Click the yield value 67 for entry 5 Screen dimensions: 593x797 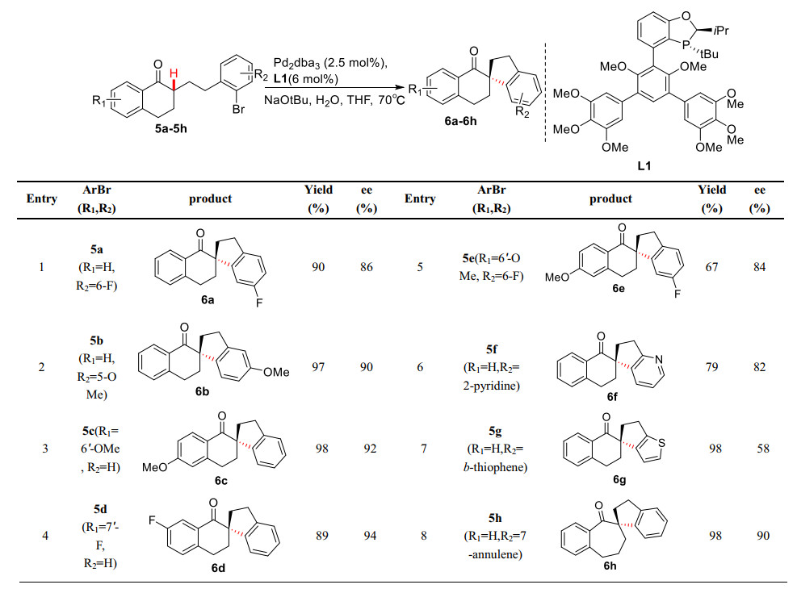tap(711, 267)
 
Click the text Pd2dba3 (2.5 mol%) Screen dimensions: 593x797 tap(326, 63)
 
